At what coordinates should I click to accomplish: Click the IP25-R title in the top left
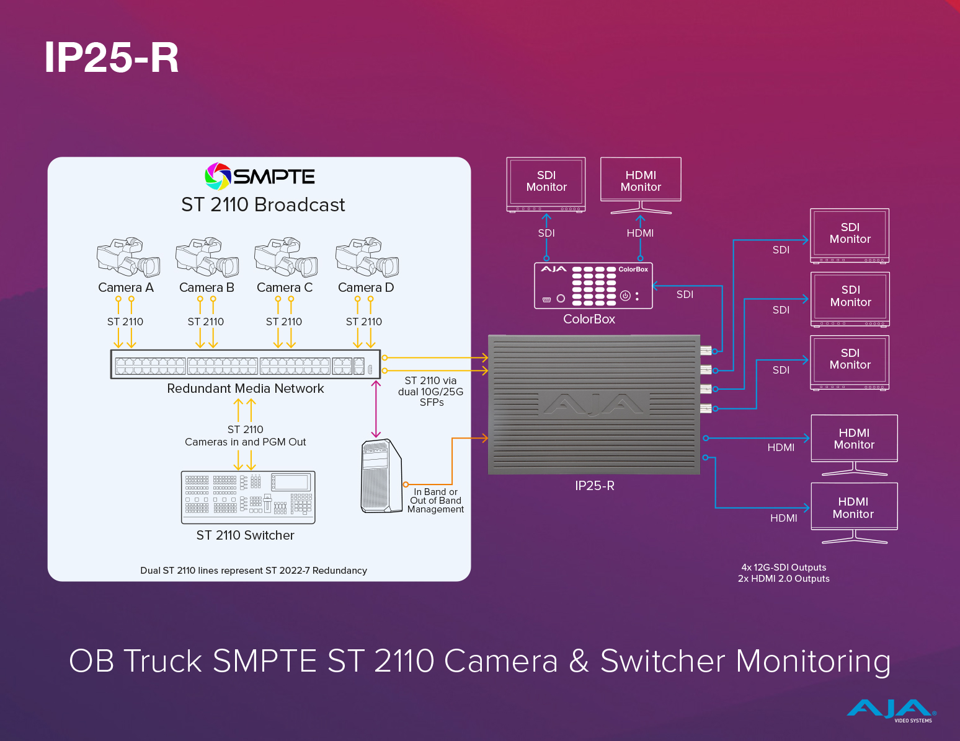point(112,58)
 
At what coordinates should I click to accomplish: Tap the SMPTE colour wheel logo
point(218,177)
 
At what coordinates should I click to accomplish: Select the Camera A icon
point(128,256)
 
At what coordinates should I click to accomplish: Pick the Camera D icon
point(367,256)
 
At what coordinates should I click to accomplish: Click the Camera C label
point(285,287)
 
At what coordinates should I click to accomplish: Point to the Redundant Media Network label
point(246,388)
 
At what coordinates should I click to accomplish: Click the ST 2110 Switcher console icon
point(248,497)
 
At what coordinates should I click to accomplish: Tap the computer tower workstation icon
point(381,476)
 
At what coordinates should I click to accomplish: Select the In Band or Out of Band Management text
point(435,501)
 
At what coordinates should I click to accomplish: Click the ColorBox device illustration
point(593,286)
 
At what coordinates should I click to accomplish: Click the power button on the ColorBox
point(625,296)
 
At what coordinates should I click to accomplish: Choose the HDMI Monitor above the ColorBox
point(641,181)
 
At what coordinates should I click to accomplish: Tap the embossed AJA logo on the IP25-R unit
point(594,404)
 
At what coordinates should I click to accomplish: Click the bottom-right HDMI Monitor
point(854,509)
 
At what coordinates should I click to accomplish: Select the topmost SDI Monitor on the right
point(850,234)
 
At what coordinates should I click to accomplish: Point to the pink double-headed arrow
point(376,410)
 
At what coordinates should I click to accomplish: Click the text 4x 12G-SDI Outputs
point(784,568)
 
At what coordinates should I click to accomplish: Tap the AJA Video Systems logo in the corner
point(892,710)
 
